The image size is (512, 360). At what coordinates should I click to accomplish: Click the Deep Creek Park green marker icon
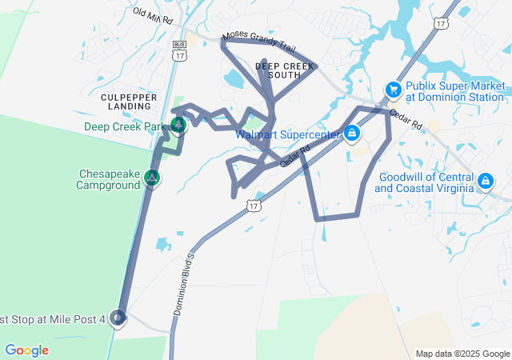point(178,125)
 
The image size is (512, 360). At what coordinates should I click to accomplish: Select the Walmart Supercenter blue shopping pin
point(351,133)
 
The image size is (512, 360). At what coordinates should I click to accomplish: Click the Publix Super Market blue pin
point(393,90)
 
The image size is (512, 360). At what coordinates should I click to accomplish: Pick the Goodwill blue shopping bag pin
point(485,182)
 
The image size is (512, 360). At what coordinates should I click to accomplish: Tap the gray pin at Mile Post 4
point(118,318)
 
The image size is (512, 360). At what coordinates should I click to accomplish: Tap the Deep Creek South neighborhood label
point(279,70)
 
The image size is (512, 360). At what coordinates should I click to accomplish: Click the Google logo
point(26,350)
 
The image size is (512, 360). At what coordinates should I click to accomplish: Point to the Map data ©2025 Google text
point(462,354)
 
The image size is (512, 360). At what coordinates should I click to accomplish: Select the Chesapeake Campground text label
point(109,178)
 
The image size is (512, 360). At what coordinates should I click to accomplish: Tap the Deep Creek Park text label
point(124,126)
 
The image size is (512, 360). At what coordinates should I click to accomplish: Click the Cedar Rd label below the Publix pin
point(406,120)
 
